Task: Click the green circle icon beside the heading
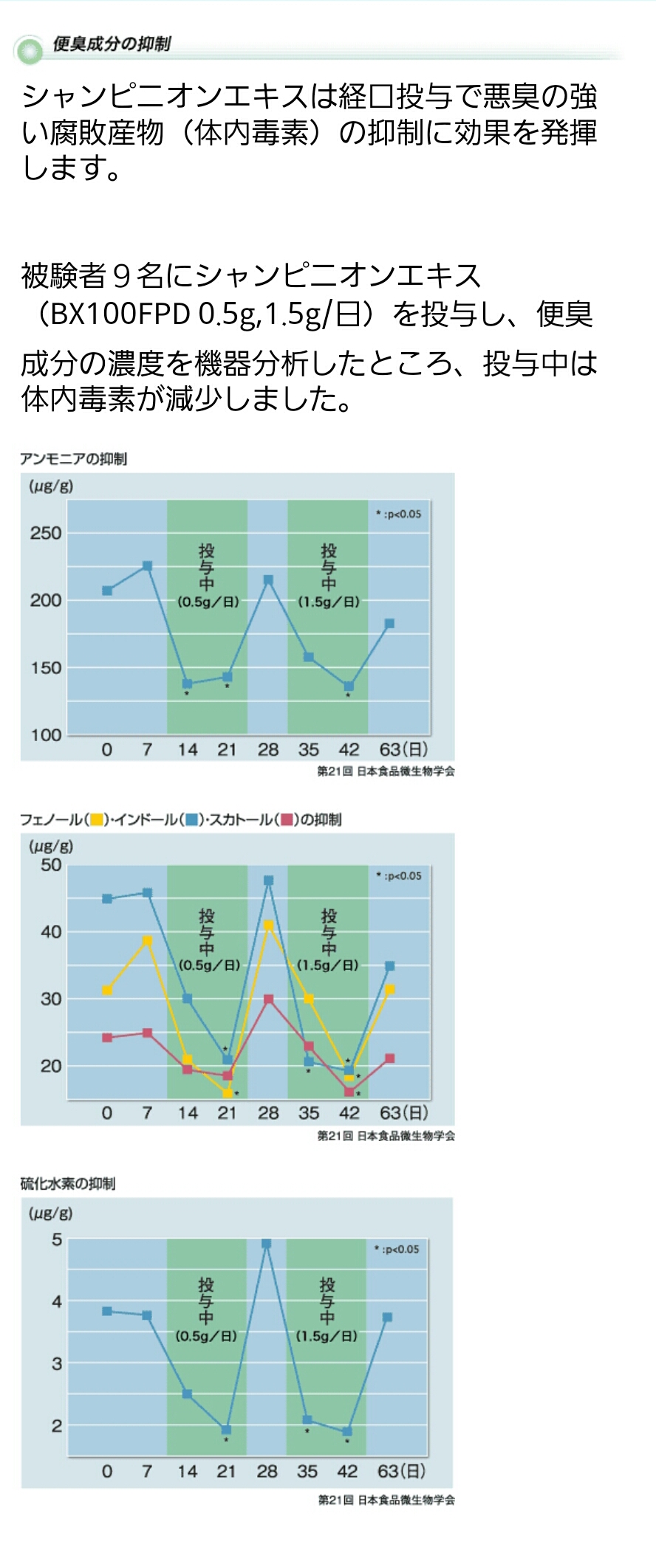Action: [30, 50]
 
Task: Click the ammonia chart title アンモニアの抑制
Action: [73, 459]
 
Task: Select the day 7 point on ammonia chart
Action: [147, 566]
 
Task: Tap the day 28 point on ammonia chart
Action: [268, 580]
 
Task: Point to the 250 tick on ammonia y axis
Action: [45, 533]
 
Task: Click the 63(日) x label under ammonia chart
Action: [403, 750]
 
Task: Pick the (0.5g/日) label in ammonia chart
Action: [208, 602]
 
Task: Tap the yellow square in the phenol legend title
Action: [96, 819]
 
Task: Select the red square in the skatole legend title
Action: [287, 819]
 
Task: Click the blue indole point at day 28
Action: [268, 881]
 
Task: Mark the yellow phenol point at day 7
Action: [147, 940]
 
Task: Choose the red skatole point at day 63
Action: [390, 1058]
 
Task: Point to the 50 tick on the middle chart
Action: [51, 865]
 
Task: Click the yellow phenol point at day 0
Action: [107, 990]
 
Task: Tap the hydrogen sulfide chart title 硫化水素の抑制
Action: [67, 1184]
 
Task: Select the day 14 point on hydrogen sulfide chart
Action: [187, 1394]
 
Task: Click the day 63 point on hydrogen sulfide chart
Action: [387, 1318]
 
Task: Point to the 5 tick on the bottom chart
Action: [57, 1240]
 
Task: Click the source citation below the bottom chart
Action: [386, 1500]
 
